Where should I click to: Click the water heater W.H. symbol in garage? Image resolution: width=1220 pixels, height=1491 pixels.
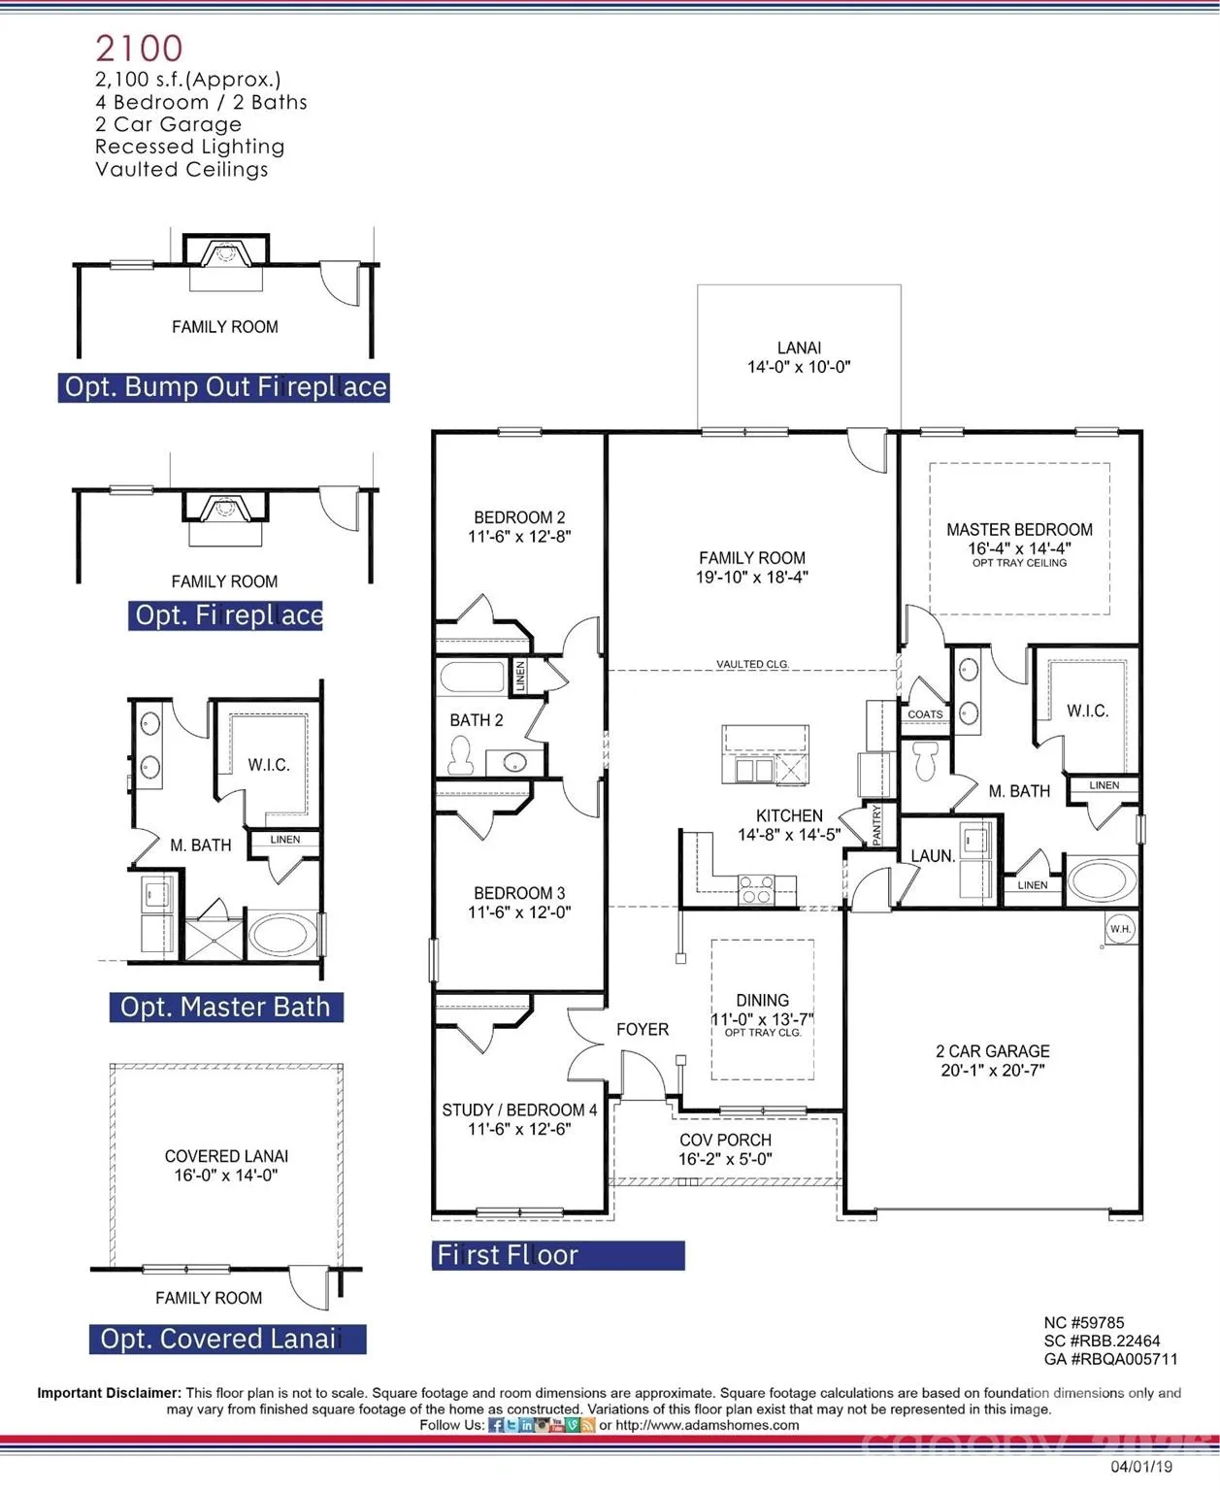tap(1120, 928)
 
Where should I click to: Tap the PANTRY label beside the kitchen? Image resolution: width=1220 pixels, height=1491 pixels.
tap(876, 825)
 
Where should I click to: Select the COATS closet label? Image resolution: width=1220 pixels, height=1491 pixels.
tap(925, 714)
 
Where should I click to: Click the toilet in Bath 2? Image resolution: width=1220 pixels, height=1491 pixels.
tap(461, 755)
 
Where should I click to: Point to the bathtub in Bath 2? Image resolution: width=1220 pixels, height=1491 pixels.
tap(472, 677)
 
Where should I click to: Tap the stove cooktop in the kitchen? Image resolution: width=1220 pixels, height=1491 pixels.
tap(756, 889)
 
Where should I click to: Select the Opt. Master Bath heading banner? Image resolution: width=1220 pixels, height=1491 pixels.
tap(226, 1007)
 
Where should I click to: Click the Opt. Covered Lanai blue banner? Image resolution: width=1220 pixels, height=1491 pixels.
tap(228, 1339)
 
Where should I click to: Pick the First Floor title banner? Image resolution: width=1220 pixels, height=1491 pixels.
tap(558, 1255)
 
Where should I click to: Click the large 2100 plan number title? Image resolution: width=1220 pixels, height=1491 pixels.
tap(139, 49)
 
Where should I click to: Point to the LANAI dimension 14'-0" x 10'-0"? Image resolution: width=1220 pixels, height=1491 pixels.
tap(799, 367)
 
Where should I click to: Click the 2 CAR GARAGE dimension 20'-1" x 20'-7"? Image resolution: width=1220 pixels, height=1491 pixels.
tap(992, 1071)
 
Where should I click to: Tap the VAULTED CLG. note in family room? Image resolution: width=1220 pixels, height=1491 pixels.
tap(752, 664)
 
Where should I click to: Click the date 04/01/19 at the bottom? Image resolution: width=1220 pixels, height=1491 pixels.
tap(1141, 1467)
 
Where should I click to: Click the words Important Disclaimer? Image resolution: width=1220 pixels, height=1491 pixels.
tap(110, 1393)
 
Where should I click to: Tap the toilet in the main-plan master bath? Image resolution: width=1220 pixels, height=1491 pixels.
tap(925, 761)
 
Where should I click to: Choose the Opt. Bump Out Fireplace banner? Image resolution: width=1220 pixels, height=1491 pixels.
tap(224, 387)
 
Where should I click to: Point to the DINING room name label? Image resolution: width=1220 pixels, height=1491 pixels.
tap(762, 1001)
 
